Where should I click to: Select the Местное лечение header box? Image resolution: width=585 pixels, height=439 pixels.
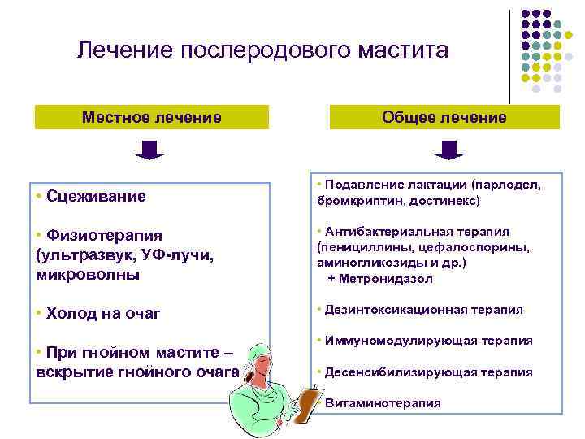(151, 117)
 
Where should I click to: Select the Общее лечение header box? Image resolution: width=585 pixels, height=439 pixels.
(444, 117)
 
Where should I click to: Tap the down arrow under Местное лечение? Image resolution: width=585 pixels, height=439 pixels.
(149, 150)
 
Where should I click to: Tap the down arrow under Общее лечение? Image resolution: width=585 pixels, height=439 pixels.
(448, 150)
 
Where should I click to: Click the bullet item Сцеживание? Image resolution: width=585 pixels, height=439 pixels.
(96, 195)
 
